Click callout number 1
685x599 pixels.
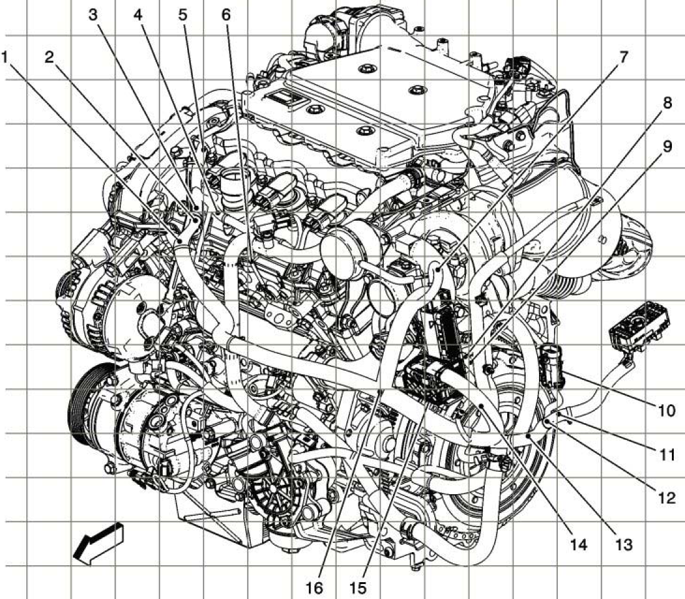coord(5,57)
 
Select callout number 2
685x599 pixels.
coord(49,57)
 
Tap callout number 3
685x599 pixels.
coord(94,14)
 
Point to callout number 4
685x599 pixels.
coord(138,14)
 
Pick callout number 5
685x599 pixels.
coord(183,14)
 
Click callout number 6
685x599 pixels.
coord(226,14)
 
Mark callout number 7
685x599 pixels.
coord(623,57)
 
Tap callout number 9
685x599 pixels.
coord(667,147)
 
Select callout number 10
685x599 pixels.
coord(666,411)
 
